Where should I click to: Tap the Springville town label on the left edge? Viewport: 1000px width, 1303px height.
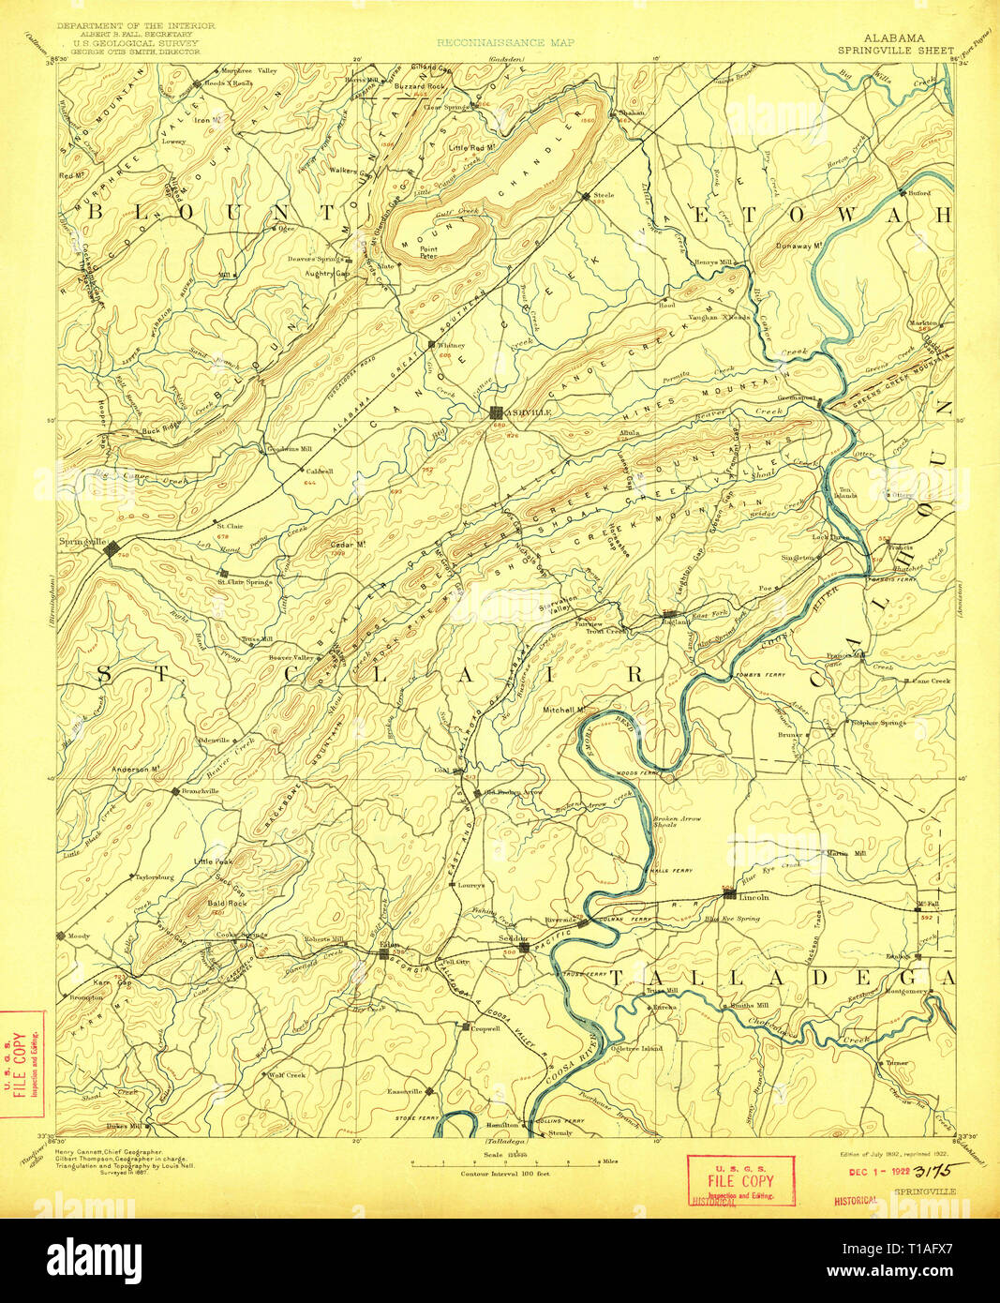80,542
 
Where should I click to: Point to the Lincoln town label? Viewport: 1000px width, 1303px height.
754,897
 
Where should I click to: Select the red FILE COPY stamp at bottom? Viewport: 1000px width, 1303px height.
740,1180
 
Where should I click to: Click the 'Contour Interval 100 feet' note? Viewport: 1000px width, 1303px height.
505,1173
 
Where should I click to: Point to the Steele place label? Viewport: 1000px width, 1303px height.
604,195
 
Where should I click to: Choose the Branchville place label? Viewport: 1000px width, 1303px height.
199,790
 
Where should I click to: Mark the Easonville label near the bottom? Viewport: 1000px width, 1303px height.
406,1091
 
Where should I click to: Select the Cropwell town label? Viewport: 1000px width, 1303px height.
484,1027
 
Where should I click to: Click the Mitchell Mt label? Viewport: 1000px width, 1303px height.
564,710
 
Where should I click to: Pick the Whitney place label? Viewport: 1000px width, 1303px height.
451,345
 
